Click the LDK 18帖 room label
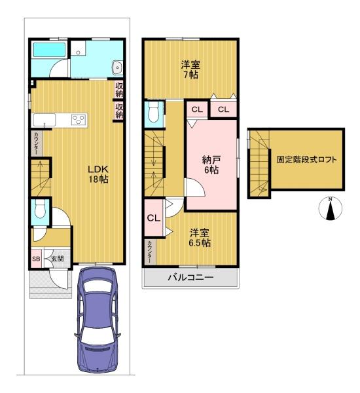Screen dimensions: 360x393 [x=98, y=174]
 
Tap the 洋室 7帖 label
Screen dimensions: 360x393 [x=190, y=69]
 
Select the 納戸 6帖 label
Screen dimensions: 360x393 [x=211, y=164]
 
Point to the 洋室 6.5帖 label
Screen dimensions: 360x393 [x=200, y=238]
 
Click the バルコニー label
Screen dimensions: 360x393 [x=190, y=278]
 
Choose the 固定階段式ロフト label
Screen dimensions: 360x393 [x=306, y=160]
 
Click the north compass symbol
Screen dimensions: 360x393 [x=331, y=208]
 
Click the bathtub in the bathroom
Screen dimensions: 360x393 [x=50, y=50]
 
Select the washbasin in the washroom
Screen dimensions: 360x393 [x=117, y=67]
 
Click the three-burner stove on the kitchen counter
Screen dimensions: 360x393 [x=79, y=119]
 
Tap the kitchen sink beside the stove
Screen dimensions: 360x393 [x=45, y=120]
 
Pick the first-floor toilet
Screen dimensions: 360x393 [x=40, y=209]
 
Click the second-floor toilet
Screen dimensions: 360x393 [x=153, y=112]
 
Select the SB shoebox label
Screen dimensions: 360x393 [x=36, y=259]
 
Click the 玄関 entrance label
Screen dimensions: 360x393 [x=58, y=259]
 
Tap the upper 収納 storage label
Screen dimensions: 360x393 [x=119, y=90]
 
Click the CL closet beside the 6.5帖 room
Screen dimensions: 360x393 [x=154, y=218]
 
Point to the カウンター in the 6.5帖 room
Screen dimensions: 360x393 [x=149, y=252]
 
